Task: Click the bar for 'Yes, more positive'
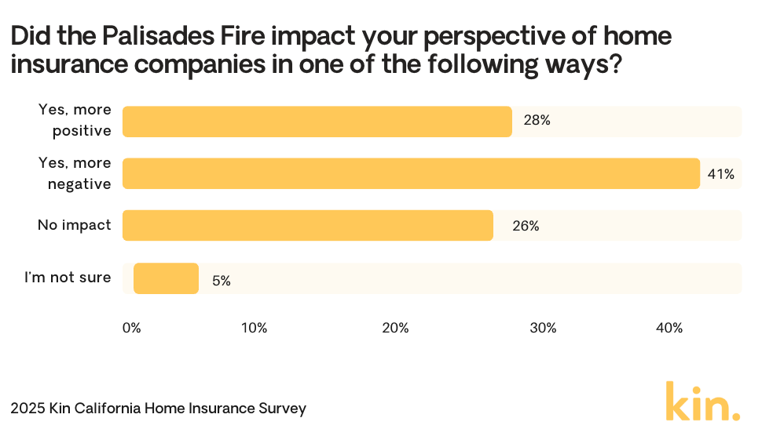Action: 317,122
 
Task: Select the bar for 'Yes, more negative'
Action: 411,173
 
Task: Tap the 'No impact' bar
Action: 307,225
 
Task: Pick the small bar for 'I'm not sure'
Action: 166,278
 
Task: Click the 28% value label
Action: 537,122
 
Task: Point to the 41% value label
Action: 720,174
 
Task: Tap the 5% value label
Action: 221,280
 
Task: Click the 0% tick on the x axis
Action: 132,329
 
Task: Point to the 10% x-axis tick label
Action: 255,329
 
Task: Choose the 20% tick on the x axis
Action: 395,329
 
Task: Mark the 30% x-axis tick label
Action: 543,329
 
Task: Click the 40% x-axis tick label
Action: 669,329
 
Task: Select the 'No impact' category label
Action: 75,225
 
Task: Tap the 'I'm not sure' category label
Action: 68,277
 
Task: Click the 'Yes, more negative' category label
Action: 75,173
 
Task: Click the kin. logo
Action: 702,402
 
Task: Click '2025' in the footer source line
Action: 27,409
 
